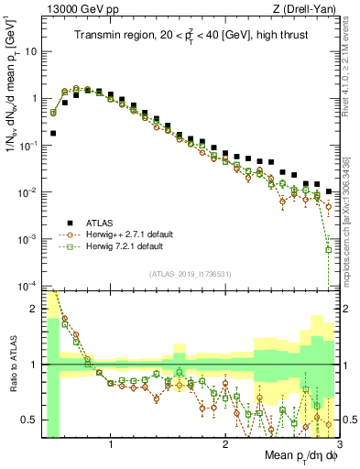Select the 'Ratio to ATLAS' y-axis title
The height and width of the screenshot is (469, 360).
pyautogui.click(x=12, y=364)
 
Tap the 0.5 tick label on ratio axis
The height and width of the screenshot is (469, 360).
pyautogui.click(x=30, y=420)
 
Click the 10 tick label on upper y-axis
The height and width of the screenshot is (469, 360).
pyautogui.click(x=30, y=51)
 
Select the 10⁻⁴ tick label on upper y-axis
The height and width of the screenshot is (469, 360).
pyautogui.click(x=28, y=286)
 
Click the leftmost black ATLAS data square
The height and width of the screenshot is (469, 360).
pyautogui.click(x=53, y=133)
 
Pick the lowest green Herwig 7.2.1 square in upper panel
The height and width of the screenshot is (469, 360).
pyautogui.click(x=328, y=249)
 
